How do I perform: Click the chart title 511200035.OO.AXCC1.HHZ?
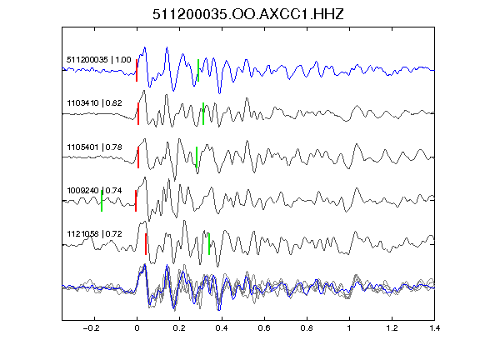click(x=248, y=14)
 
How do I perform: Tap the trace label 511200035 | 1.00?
click(x=99, y=60)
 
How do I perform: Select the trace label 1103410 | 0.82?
click(x=94, y=103)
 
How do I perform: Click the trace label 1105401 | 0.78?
click(x=94, y=147)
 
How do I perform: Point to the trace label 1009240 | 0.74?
click(x=94, y=191)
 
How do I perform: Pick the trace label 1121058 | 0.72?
click(x=94, y=234)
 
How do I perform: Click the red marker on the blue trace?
click(x=137, y=70)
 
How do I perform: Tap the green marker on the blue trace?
click(x=198, y=70)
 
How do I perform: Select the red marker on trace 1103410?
click(x=138, y=114)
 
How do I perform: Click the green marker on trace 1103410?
click(x=203, y=114)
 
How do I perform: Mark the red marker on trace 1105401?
click(x=138, y=157)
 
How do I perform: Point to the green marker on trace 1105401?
click(x=197, y=157)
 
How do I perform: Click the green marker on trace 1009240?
click(x=102, y=201)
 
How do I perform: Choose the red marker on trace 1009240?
click(x=136, y=201)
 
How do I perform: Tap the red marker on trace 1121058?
click(x=146, y=244)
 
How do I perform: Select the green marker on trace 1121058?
click(x=209, y=244)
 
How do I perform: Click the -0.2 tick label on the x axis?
click(x=92, y=328)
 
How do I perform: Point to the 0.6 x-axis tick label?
click(x=264, y=328)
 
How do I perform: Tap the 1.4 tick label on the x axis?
click(x=434, y=328)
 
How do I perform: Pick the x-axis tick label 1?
click(x=349, y=328)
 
